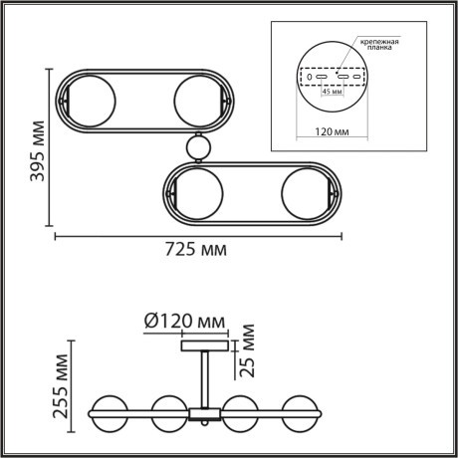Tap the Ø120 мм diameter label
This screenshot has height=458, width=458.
tap(185, 321)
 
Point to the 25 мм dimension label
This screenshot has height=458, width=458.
tap(247, 354)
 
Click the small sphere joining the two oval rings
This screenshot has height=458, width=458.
tap(199, 147)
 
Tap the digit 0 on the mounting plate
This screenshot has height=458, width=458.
tap(310, 76)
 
